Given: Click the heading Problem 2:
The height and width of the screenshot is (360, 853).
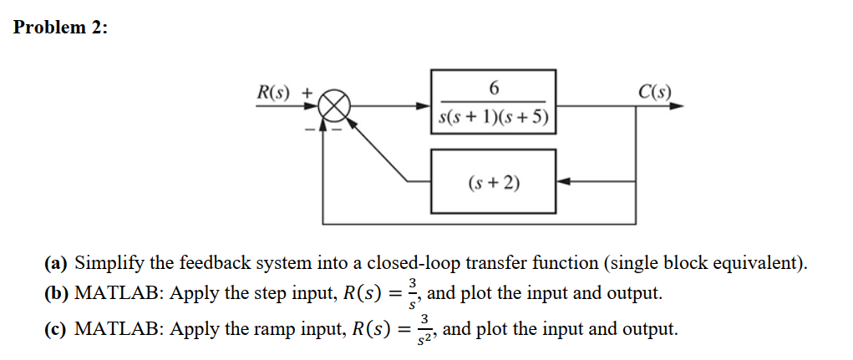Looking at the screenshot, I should (61, 27).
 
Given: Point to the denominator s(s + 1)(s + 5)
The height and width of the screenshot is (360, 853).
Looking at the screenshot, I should (493, 119).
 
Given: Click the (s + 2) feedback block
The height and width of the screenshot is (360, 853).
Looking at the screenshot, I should (493, 180).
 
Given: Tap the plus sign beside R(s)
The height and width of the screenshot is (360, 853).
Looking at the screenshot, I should (307, 91).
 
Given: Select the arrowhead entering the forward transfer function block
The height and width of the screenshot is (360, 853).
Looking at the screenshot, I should (424, 107).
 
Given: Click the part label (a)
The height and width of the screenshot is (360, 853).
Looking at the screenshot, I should (57, 263).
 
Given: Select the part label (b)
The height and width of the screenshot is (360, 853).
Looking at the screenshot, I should (58, 294).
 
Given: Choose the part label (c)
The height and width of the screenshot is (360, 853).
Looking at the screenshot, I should (57, 328).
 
